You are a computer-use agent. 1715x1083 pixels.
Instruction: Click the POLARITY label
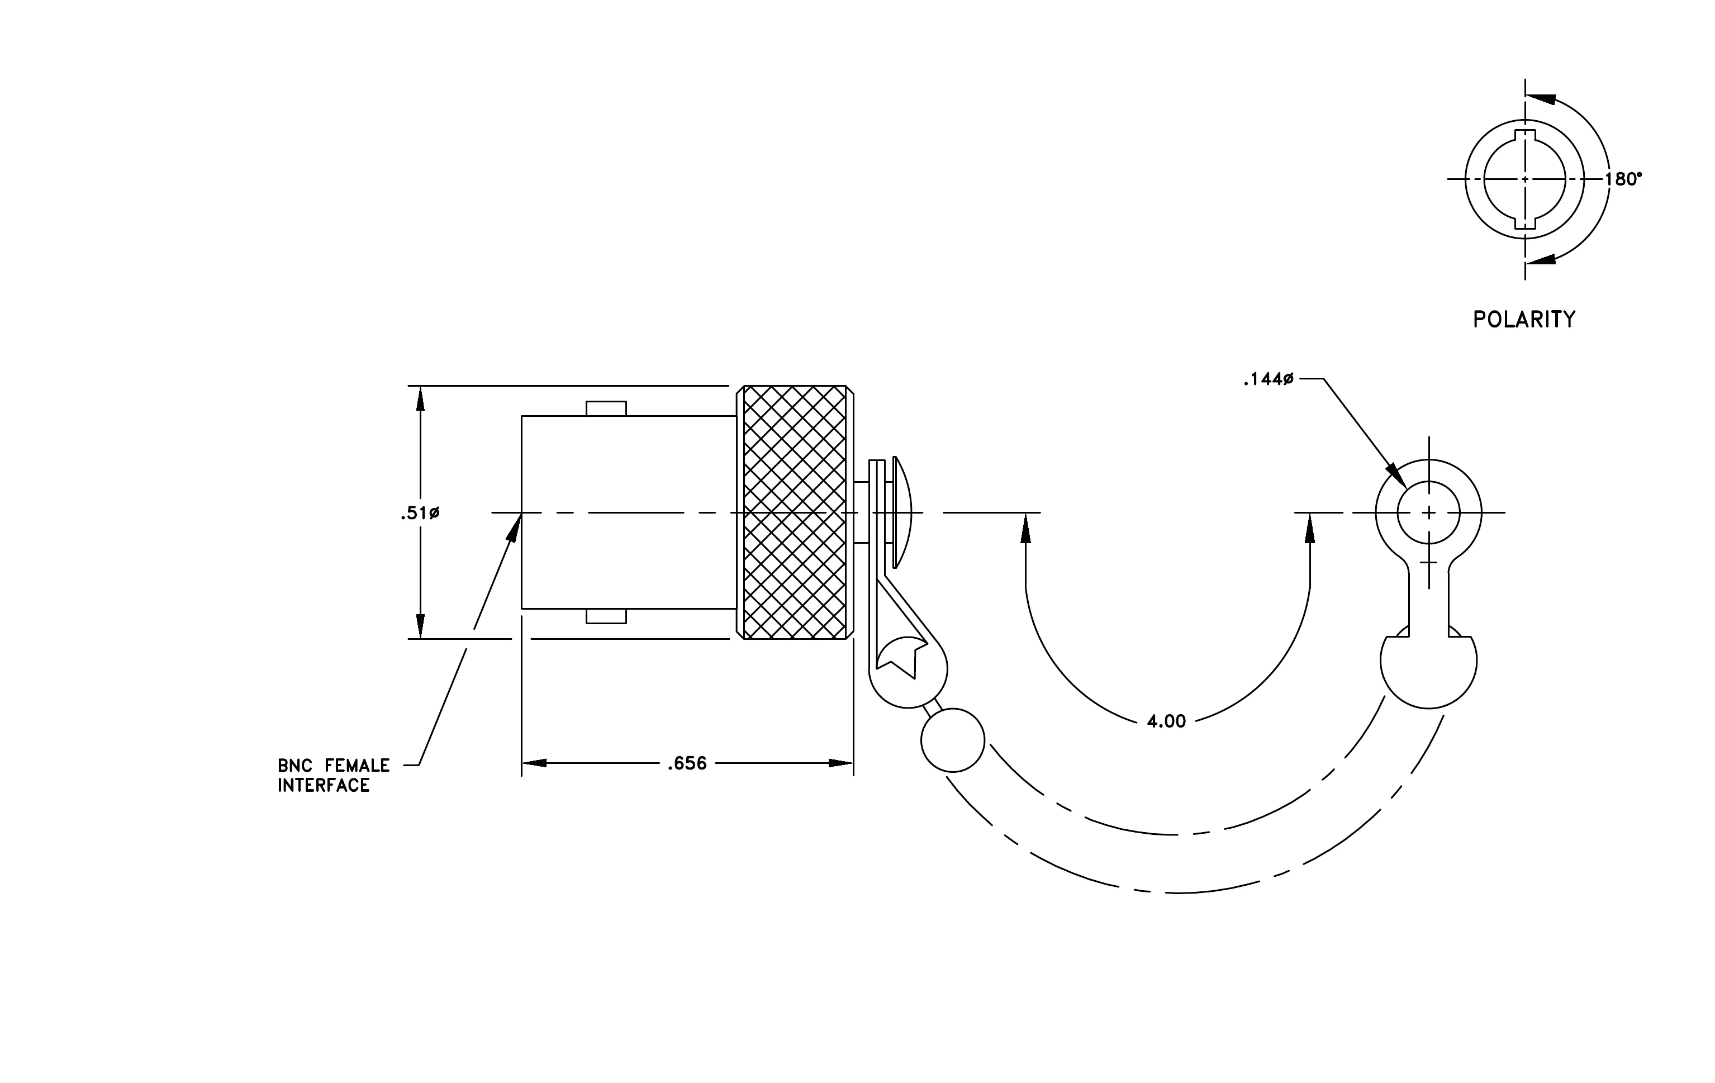pos(1524,319)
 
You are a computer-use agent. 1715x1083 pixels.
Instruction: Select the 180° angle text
pos(1623,179)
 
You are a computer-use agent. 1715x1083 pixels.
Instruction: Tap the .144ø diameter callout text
pos(1268,379)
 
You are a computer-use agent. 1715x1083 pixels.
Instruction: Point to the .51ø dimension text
pos(420,512)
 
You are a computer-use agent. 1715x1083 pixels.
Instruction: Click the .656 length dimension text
pos(687,763)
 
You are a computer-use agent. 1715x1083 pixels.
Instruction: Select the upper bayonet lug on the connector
pos(606,408)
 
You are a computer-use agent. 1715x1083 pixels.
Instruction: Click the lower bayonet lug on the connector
pos(606,616)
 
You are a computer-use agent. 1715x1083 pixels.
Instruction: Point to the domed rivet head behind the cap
pos(902,512)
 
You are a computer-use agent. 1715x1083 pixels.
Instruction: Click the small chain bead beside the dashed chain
pos(953,740)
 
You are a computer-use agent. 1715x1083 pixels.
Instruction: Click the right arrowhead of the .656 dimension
pos(840,763)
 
